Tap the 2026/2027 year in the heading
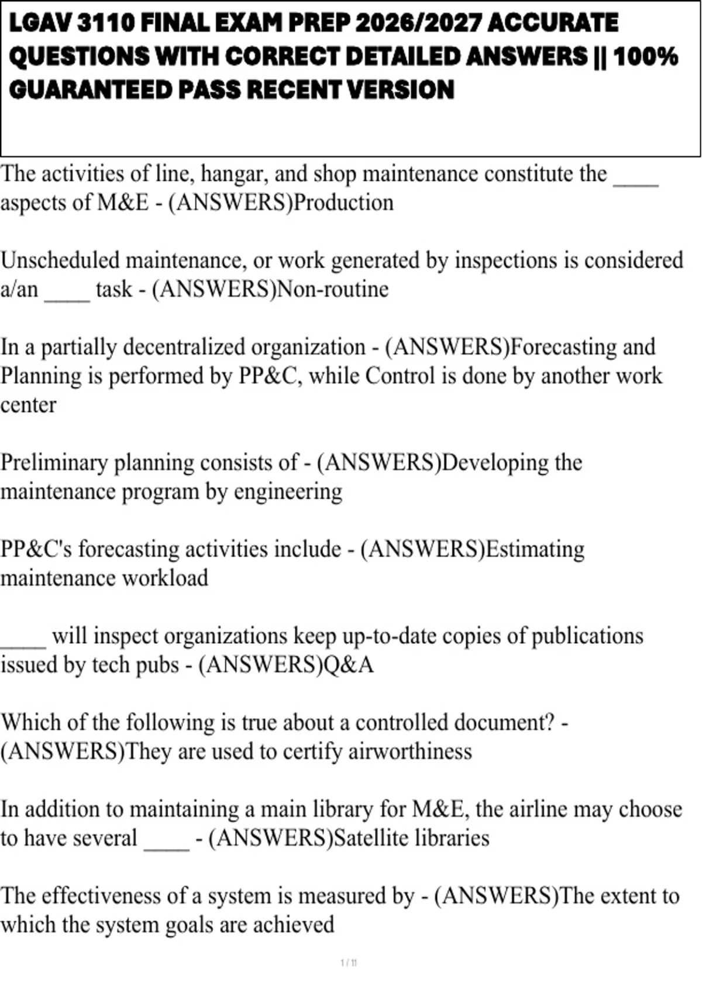[x=418, y=23]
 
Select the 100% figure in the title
[x=646, y=57]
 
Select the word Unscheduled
[x=61, y=260]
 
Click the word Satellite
[x=371, y=838]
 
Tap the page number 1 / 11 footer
[x=349, y=963]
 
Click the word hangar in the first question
[x=234, y=174]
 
